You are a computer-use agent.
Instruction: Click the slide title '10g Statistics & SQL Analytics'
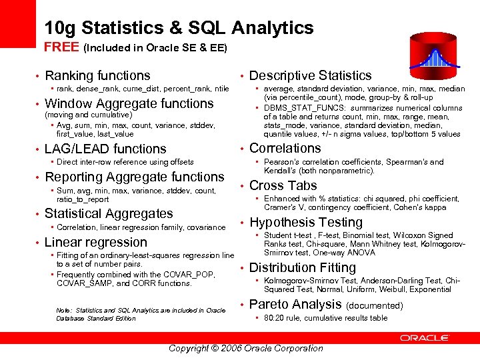[179, 27]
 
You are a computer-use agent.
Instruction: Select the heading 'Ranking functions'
[97, 76]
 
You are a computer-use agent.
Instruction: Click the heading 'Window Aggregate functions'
[129, 103]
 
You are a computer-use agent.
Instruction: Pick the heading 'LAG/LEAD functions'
[105, 149]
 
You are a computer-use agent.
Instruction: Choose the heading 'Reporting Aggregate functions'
[134, 177]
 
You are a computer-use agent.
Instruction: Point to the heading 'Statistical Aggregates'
[109, 213]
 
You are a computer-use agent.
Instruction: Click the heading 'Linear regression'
[95, 242]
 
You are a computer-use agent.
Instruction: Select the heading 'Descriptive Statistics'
[310, 76]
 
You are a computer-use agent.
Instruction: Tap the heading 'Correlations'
[285, 148]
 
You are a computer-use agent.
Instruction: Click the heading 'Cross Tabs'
[283, 185]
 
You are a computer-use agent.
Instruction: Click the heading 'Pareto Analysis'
[295, 304]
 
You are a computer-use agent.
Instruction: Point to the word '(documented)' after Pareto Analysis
[375, 305]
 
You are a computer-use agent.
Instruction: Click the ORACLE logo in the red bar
[425, 338]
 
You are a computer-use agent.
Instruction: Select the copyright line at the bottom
[245, 348]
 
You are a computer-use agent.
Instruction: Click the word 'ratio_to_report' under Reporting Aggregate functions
[83, 199]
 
